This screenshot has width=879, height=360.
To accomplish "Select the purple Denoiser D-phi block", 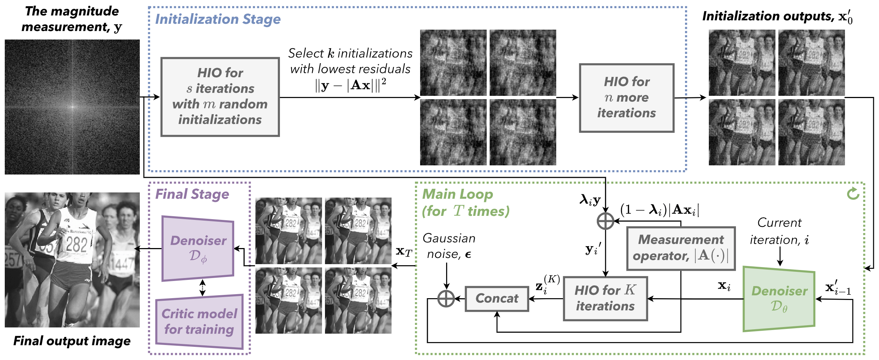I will point(198,249).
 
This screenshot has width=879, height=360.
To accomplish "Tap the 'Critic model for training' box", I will point(199,321).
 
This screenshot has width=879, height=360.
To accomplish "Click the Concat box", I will point(497,299).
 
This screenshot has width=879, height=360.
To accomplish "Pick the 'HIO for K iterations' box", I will point(605,299).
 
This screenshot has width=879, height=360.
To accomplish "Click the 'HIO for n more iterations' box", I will point(626,98).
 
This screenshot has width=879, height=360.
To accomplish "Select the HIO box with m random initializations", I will point(220,97).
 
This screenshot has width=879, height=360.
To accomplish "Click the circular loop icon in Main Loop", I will point(853,193).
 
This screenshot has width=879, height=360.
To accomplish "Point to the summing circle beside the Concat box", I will point(446,299).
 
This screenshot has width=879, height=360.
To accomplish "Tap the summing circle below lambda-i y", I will point(605,221).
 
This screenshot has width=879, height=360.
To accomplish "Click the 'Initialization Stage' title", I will point(218,19).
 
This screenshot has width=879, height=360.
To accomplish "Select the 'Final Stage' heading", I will point(192,194).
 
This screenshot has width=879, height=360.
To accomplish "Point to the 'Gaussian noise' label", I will point(449,246).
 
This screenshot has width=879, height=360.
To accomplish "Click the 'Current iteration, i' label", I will point(779,231).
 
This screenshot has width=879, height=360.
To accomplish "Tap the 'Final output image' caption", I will point(72,341).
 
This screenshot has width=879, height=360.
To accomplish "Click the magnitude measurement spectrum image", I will point(72,107).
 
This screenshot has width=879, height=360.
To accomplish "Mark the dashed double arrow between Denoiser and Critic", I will point(202,288).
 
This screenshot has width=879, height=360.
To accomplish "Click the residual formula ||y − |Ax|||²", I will point(350,85).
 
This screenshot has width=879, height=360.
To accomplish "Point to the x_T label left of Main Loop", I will point(404,252).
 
